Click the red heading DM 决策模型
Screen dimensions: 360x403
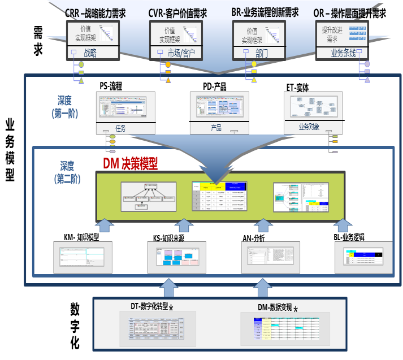(x=130, y=164)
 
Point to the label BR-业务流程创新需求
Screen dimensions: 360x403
(x=265, y=12)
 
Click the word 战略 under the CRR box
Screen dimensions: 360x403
(x=90, y=53)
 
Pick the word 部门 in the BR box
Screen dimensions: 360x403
(x=261, y=53)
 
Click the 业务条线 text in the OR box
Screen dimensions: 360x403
(x=344, y=53)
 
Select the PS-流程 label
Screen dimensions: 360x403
(x=111, y=86)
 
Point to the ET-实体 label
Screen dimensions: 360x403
(x=298, y=88)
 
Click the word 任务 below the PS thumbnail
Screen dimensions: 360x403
(x=120, y=128)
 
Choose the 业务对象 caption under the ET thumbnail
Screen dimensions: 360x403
(x=309, y=127)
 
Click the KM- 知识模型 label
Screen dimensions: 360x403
(x=82, y=236)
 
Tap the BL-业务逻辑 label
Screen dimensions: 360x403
(x=349, y=237)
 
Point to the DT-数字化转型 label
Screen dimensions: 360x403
(x=149, y=306)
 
